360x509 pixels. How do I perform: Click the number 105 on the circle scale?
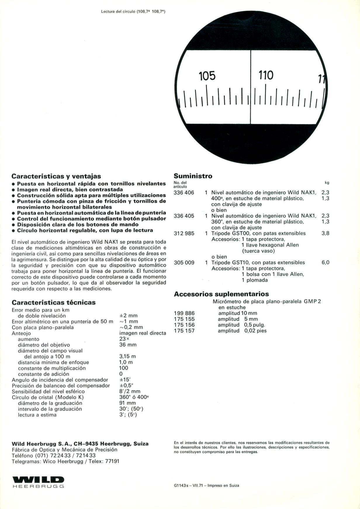coord(207,76)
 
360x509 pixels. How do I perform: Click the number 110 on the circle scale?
coord(266,75)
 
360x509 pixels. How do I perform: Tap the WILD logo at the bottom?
coord(38,480)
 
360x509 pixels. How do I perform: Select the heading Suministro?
coord(193,176)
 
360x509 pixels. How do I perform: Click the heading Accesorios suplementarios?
coord(221,294)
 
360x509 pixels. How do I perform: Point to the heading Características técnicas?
coord(53,303)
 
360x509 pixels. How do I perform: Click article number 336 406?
coord(184,193)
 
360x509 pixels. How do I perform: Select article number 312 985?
coord(184,234)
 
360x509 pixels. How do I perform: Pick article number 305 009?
coord(184,263)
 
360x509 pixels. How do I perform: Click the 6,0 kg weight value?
coord(325,263)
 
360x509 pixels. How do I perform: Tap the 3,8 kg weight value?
coord(325,234)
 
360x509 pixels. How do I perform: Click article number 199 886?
coord(184,313)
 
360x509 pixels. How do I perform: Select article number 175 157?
coord(184,331)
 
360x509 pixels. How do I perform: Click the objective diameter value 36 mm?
coord(128,345)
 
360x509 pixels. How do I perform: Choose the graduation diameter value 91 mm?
coord(127,403)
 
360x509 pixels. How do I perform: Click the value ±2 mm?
coord(128,316)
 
